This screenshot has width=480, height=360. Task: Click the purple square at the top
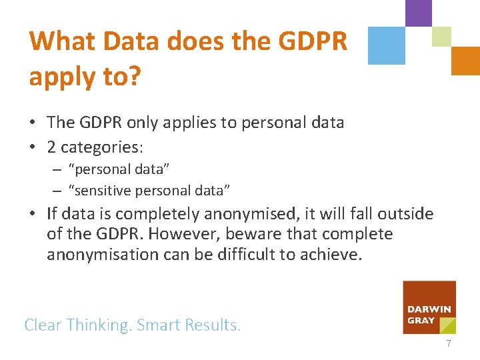[418, 13]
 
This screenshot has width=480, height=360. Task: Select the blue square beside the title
[387, 45]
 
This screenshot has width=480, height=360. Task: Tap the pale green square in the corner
[441, 37]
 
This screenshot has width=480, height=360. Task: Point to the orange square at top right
[465, 61]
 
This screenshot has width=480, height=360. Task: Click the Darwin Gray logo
[429, 307]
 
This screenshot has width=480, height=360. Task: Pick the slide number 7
[449, 344]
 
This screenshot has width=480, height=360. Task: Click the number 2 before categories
[52, 146]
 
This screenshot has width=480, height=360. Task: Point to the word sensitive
[103, 191]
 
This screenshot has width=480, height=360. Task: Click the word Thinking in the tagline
[99, 325]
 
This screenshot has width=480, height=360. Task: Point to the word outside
[405, 214]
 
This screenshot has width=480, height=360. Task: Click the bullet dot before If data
[33, 215]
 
